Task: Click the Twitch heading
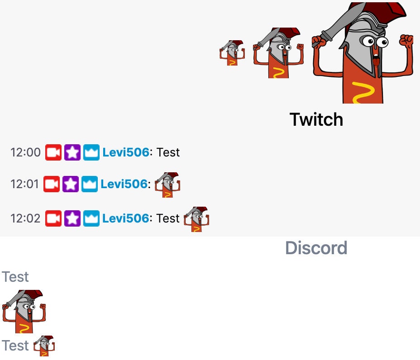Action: [x=316, y=119]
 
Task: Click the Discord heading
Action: [x=316, y=248]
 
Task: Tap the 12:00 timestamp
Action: [x=25, y=152]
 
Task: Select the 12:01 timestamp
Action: [x=24, y=184]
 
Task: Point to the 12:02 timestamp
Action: [x=25, y=218]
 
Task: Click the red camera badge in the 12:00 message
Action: [x=53, y=152]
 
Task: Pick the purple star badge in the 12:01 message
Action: [x=71, y=184]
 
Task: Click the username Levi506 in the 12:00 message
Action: [x=125, y=152]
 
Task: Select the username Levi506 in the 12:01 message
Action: [x=124, y=184]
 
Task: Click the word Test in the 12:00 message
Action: [x=168, y=152]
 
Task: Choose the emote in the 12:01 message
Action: [x=167, y=185]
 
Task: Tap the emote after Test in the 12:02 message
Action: [x=197, y=219]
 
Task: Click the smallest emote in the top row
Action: [x=232, y=53]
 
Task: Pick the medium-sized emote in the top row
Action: [x=278, y=53]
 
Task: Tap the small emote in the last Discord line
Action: [x=44, y=346]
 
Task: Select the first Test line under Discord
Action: [x=15, y=277]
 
